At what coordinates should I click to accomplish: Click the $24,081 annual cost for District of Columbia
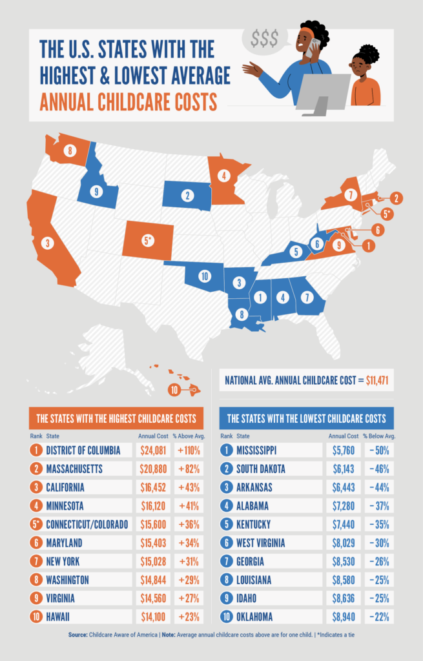pos(153,449)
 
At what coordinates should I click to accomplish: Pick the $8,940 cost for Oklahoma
pos(344,617)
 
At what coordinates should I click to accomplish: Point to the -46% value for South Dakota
pos(377,468)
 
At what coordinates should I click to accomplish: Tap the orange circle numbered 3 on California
pos(46,243)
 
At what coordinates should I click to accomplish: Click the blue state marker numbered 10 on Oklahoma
pos(204,276)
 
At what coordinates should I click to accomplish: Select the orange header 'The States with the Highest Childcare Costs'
pos(117,418)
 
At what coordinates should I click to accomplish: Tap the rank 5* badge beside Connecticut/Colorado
pos(37,524)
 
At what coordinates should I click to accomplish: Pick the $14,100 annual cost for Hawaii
pos(153,617)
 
